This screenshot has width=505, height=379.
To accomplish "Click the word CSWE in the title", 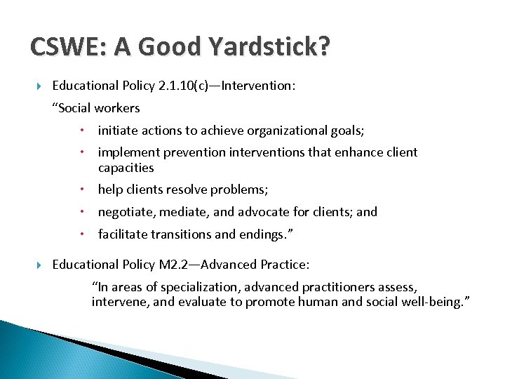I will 65,47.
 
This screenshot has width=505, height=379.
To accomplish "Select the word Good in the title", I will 161,47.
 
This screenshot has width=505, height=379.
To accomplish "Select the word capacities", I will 126,168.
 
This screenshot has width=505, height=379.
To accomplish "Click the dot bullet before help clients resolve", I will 82,189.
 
